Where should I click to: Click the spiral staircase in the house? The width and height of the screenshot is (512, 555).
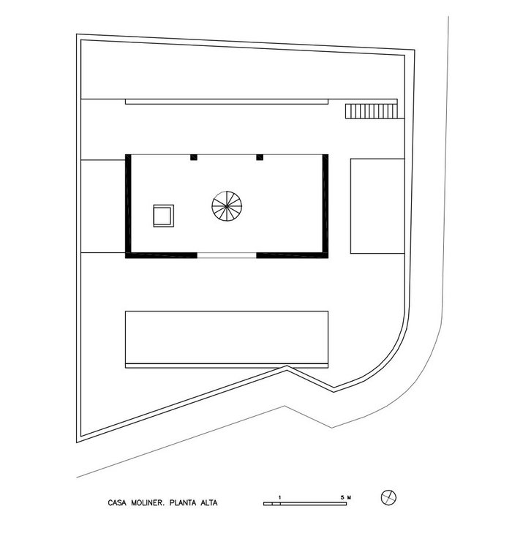(227, 205)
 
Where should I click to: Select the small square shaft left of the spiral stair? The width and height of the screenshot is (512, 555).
(164, 216)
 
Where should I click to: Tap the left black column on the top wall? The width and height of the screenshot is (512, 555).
(194, 157)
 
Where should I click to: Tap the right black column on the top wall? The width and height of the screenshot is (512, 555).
(260, 157)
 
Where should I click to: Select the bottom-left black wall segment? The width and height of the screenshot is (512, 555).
(161, 255)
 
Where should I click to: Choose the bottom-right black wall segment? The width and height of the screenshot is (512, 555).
(293, 255)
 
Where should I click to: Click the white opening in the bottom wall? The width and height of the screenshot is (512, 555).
(227, 255)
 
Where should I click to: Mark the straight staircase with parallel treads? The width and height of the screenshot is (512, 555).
(371, 111)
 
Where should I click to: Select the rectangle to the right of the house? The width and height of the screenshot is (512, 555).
(377, 206)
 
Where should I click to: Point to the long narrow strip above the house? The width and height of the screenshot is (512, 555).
(227, 102)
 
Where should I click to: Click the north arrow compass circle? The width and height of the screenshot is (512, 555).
(389, 498)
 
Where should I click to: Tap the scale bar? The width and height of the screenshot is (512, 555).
(305, 504)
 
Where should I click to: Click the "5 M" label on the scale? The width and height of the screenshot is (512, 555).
(346, 497)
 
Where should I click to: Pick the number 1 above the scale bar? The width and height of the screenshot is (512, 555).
(279, 497)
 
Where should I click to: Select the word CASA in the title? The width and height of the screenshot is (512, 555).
(117, 503)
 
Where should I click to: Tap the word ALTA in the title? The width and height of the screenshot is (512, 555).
(209, 503)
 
